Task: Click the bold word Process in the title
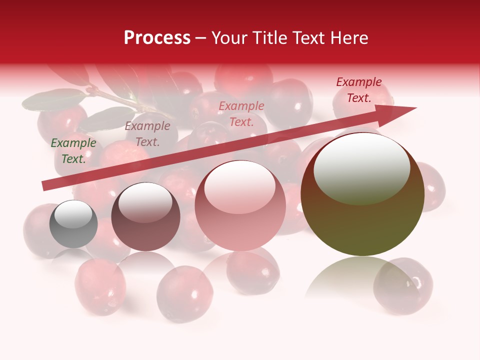tap(157, 37)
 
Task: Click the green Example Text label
tap(73, 151)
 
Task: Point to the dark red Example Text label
tap(358, 90)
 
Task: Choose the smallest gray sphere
tap(73, 224)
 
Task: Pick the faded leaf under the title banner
tap(52, 100)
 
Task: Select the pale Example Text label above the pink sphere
tap(241, 114)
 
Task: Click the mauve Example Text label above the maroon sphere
tap(147, 134)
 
